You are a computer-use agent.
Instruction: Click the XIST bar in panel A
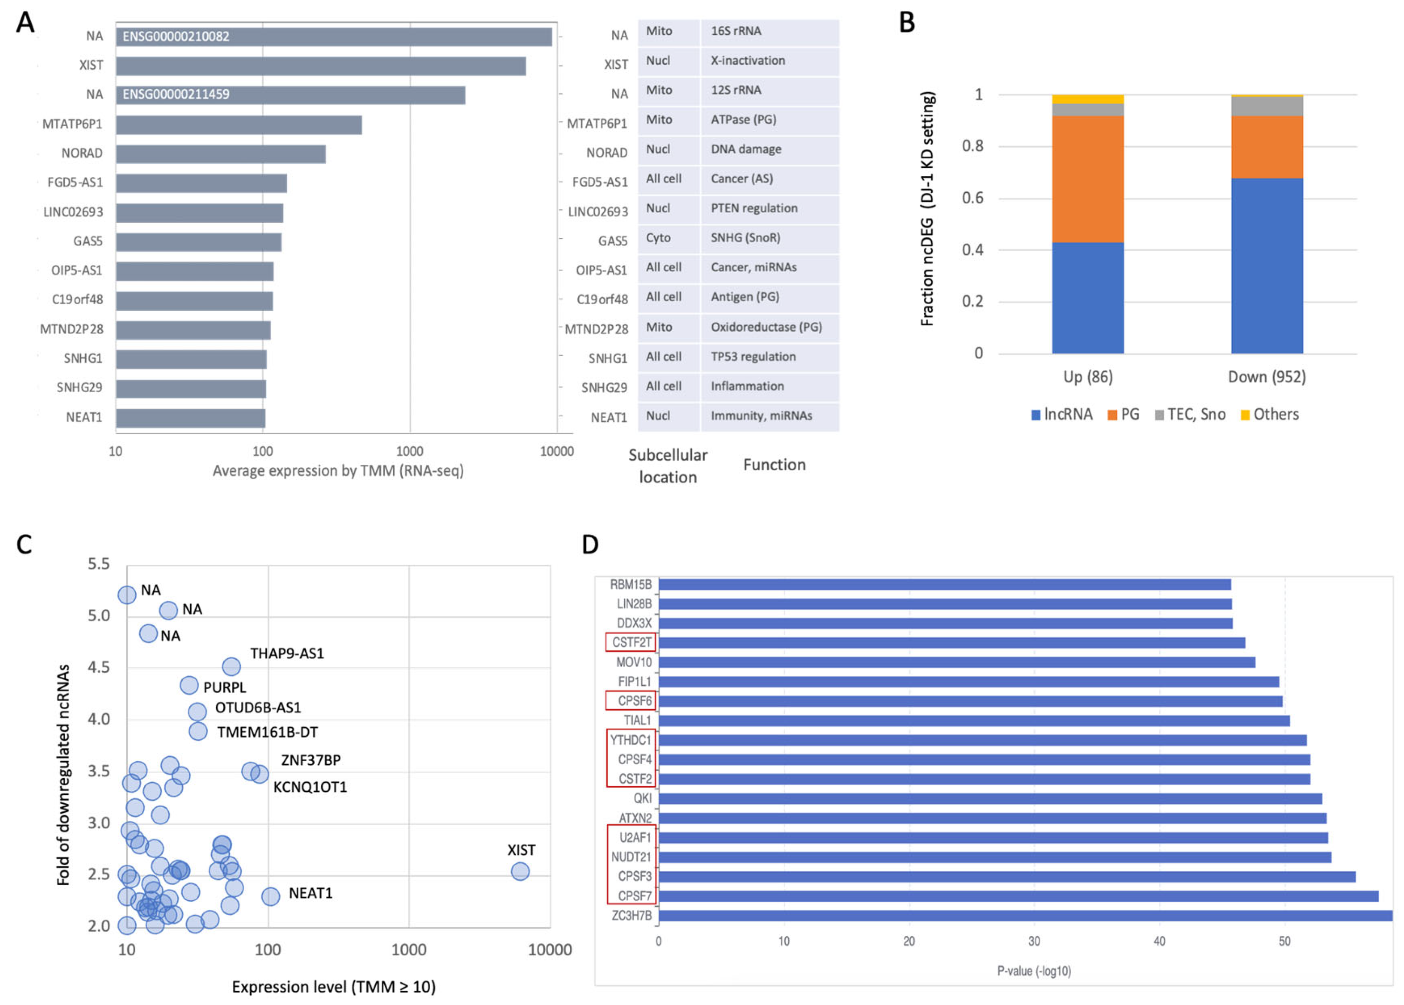tap(321, 66)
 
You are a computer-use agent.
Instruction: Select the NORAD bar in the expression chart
tap(220, 154)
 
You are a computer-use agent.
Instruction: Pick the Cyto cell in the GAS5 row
tap(658, 238)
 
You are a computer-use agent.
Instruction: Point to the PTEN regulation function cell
tap(754, 209)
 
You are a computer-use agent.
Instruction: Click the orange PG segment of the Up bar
tap(1087, 179)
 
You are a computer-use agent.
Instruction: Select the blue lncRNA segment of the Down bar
tap(1267, 266)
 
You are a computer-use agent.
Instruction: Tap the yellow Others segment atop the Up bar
tap(1087, 99)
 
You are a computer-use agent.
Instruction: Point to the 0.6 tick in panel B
tap(972, 198)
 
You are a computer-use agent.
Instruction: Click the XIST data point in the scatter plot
tap(520, 872)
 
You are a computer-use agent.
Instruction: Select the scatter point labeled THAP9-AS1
tap(231, 666)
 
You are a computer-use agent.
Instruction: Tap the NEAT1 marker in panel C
tap(270, 896)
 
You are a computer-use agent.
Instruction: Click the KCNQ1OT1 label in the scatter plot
tap(310, 787)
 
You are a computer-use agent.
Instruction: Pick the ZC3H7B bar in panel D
tap(1024, 915)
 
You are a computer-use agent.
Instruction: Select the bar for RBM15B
tap(944, 584)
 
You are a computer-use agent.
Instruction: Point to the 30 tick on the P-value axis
tap(1034, 941)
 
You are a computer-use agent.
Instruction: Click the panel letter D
tap(590, 545)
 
